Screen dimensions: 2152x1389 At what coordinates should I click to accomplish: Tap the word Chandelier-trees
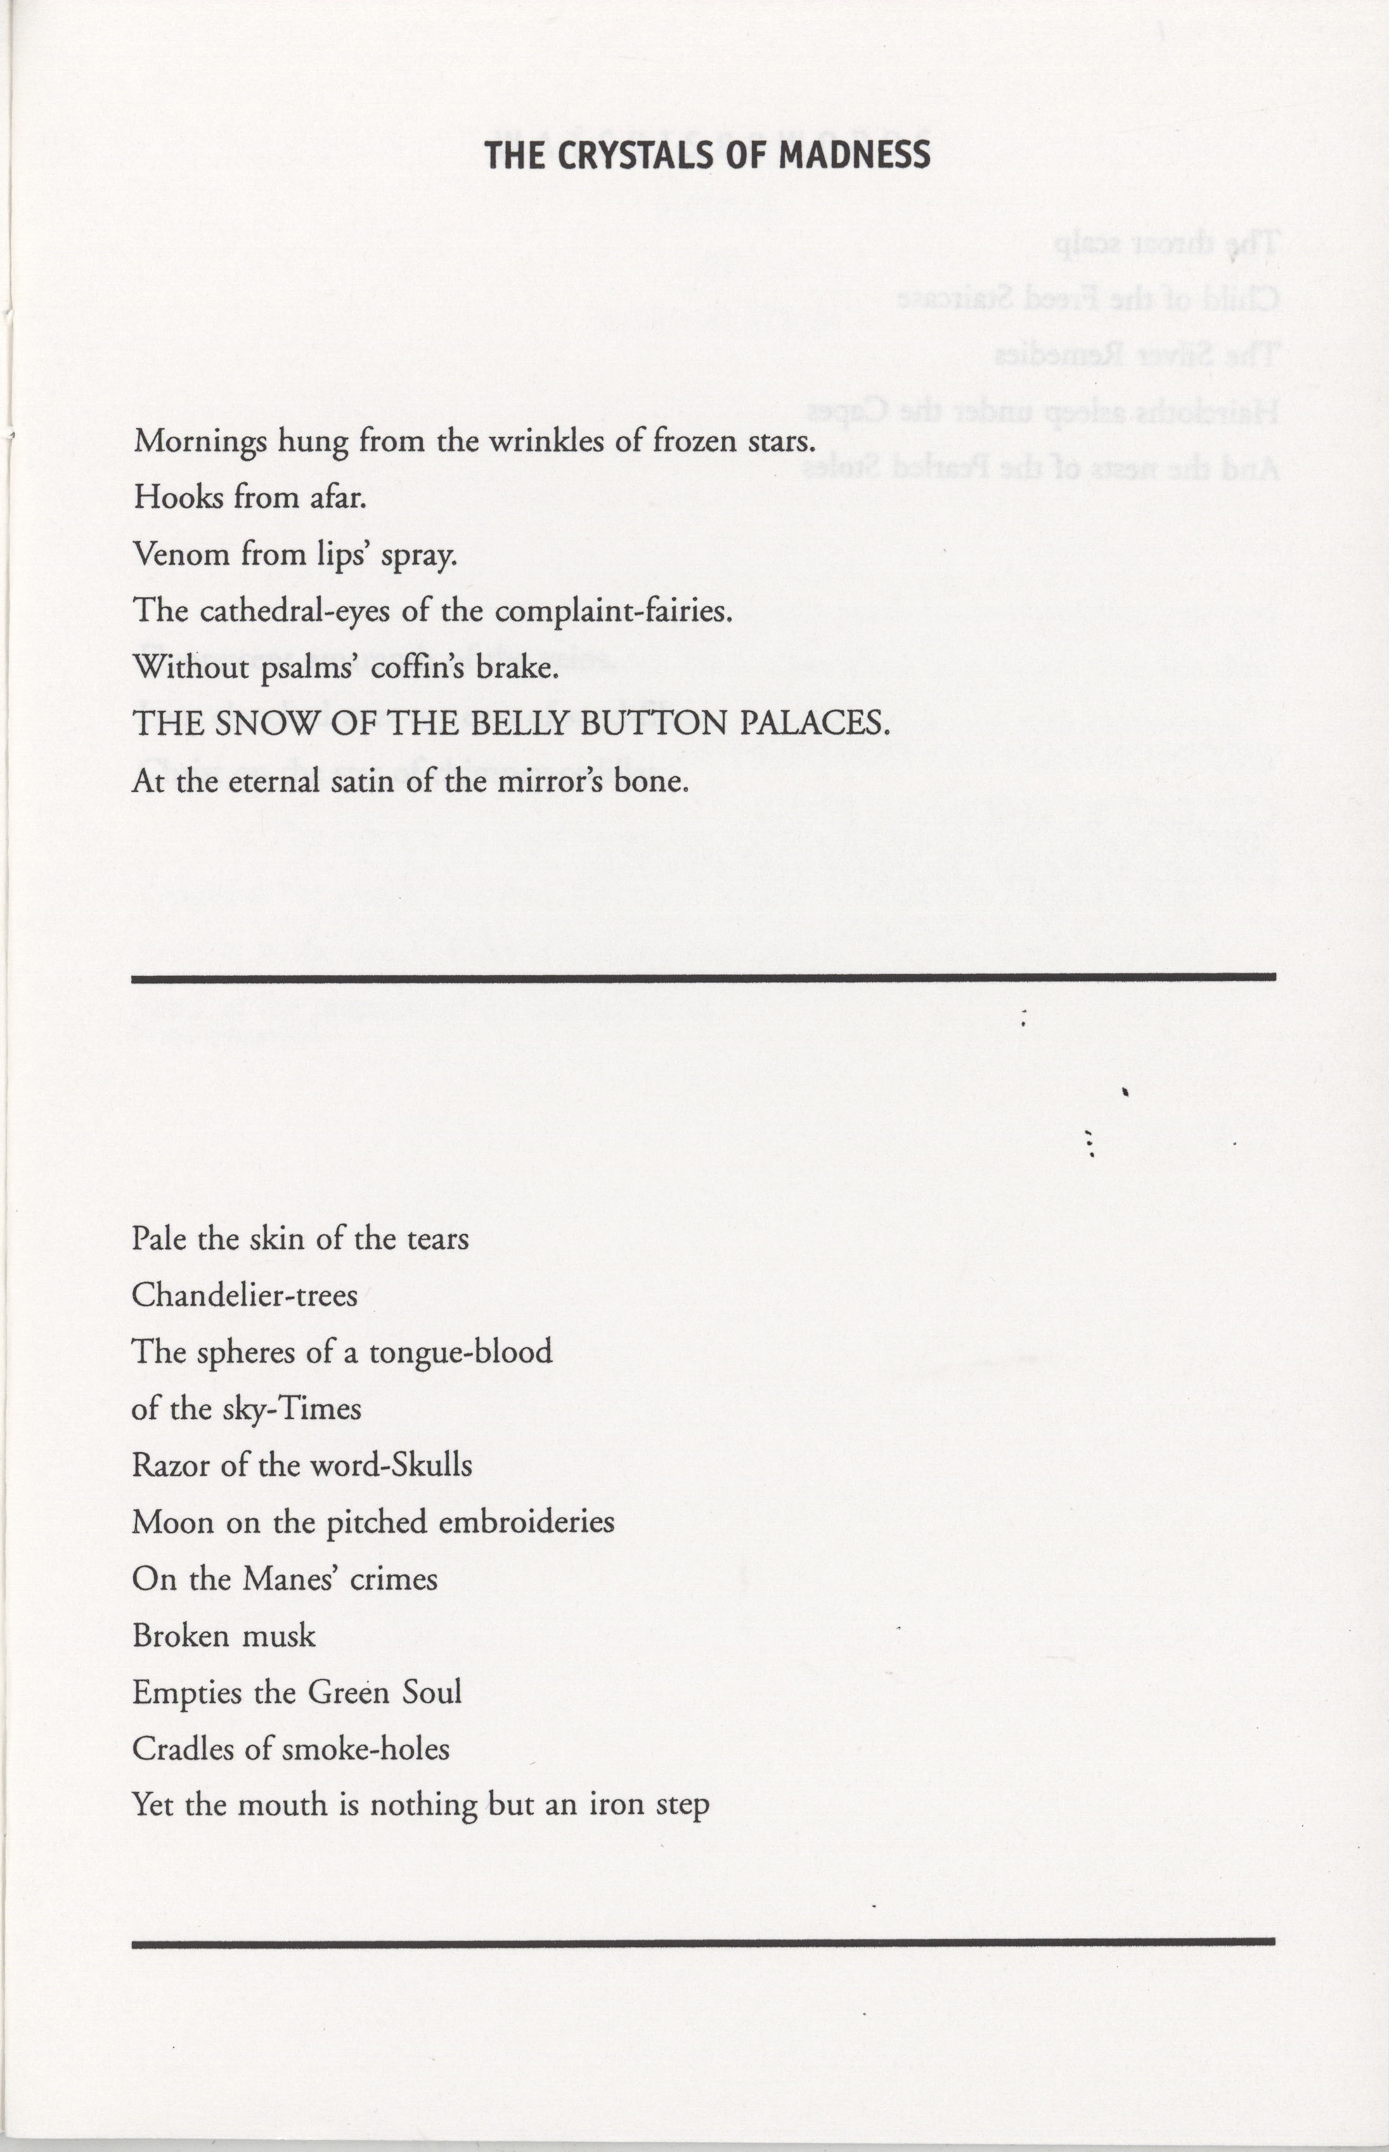pos(245,1296)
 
